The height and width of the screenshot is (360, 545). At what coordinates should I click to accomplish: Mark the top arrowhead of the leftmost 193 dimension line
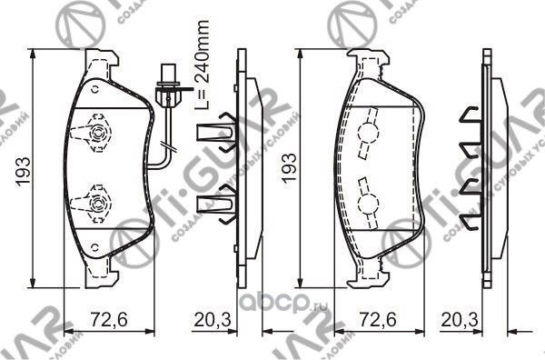click(35, 55)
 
